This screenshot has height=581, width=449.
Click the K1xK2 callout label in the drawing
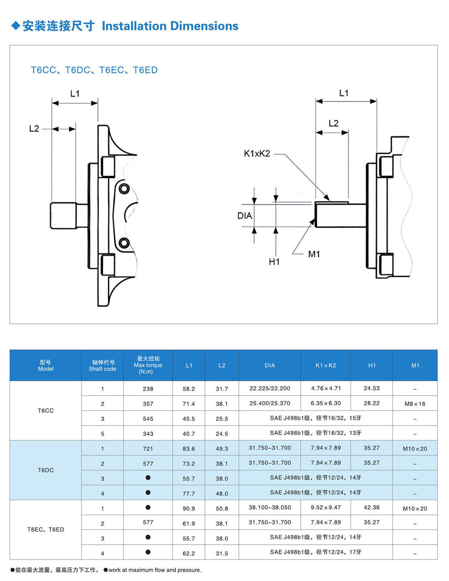pyautogui.click(x=257, y=154)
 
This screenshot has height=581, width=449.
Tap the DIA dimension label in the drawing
pyautogui.click(x=244, y=215)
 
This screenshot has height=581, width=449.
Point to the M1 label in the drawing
pyautogui.click(x=314, y=254)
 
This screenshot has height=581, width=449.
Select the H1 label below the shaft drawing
pyautogui.click(x=274, y=261)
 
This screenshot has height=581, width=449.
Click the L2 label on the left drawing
pyautogui.click(x=34, y=129)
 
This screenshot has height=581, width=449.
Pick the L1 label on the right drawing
pyautogui.click(x=344, y=93)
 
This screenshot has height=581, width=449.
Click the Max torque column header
pyautogui.click(x=148, y=365)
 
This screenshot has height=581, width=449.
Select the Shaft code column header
pyautogui.click(x=103, y=366)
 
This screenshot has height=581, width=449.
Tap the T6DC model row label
pyautogui.click(x=45, y=470)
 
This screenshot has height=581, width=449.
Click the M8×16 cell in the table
pyautogui.click(x=415, y=404)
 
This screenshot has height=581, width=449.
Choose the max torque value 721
pyautogui.click(x=148, y=449)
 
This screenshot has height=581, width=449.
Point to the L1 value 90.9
pyautogui.click(x=189, y=508)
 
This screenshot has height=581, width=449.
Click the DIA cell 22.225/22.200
pyautogui.click(x=270, y=388)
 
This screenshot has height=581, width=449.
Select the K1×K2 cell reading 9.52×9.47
pyautogui.click(x=326, y=507)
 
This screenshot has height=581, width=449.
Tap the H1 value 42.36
pyautogui.click(x=372, y=507)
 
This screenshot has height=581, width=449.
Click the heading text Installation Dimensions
pyautogui.click(x=170, y=26)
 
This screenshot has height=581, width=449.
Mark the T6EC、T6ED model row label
pyautogui.click(x=45, y=530)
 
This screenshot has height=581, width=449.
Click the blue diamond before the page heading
pyautogui.click(x=16, y=26)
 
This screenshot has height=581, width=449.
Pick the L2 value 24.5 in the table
pyautogui.click(x=222, y=434)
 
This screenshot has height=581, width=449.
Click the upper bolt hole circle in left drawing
pyautogui.click(x=124, y=189)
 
